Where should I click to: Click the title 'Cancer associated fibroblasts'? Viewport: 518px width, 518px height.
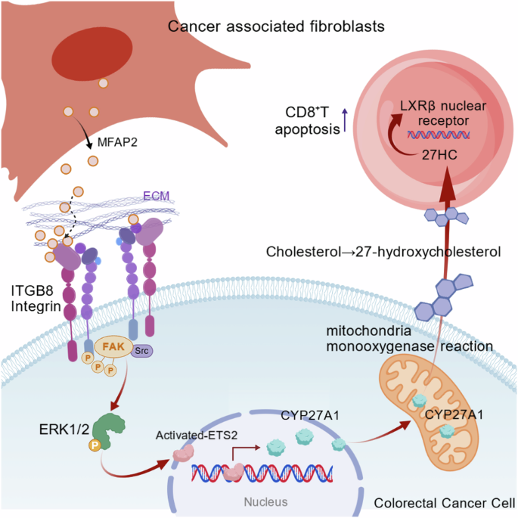[x=277, y=27]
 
